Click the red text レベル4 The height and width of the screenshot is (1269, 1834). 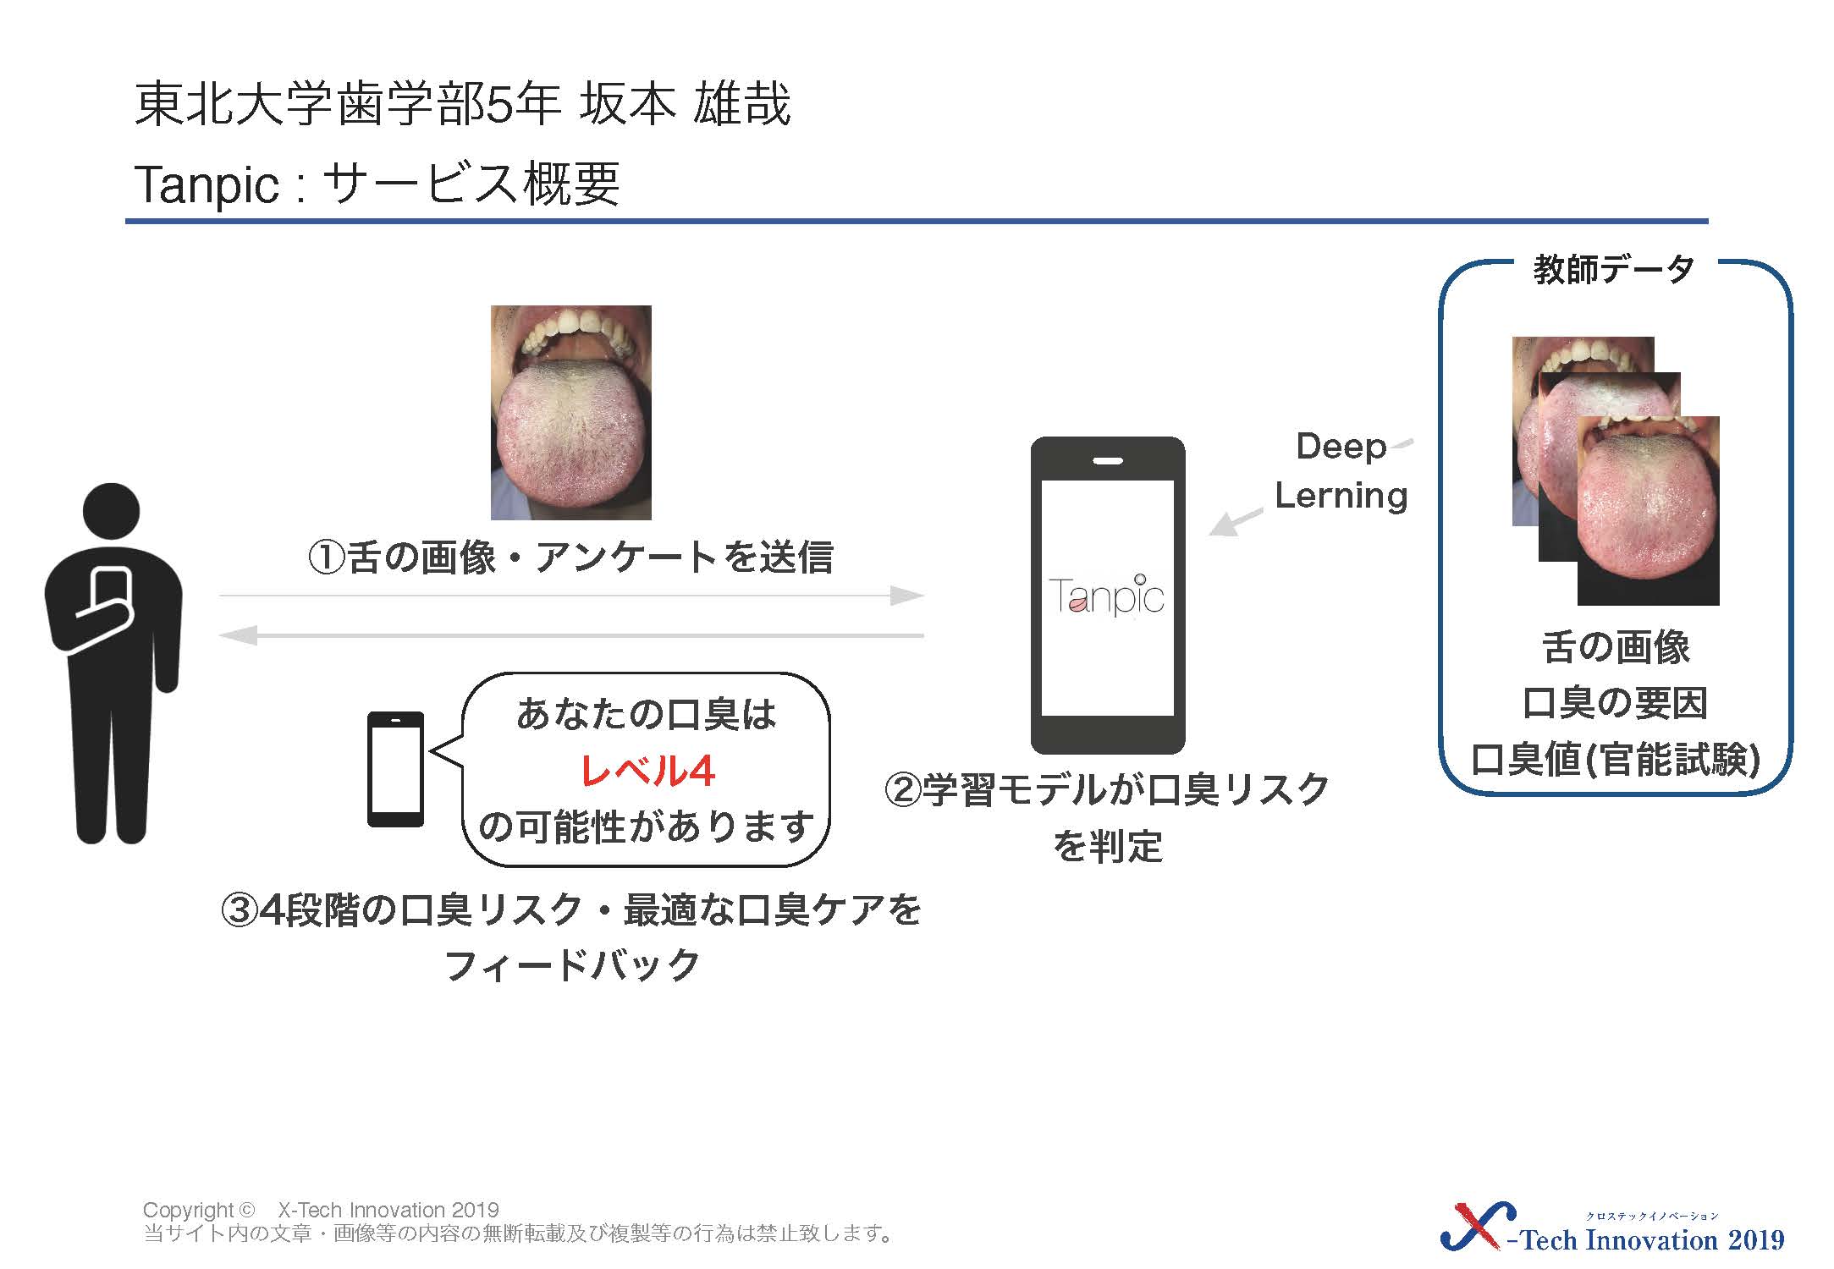pos(648,771)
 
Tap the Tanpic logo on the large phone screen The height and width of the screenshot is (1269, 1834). pos(1107,596)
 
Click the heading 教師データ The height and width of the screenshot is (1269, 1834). pos(1614,270)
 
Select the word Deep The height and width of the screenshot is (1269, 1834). pos(1341,447)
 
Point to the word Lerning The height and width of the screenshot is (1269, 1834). pos(1341,496)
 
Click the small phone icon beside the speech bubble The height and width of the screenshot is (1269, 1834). pos(395,769)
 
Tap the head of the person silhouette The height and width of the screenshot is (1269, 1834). pos(111,513)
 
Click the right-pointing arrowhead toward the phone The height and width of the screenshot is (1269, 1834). pos(907,596)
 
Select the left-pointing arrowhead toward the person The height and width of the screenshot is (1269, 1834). pos(238,635)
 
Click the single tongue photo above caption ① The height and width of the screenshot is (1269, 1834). pos(571,413)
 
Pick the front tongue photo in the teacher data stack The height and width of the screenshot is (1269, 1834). pos(1648,511)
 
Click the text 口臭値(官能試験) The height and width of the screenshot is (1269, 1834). pos(1616,759)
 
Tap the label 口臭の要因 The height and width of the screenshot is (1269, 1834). pos(1615,703)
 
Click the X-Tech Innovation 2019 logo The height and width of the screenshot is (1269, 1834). pos(1612,1228)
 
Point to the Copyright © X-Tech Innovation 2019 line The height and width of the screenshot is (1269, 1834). pos(321,1210)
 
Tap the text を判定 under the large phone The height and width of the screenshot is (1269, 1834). pos(1108,845)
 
